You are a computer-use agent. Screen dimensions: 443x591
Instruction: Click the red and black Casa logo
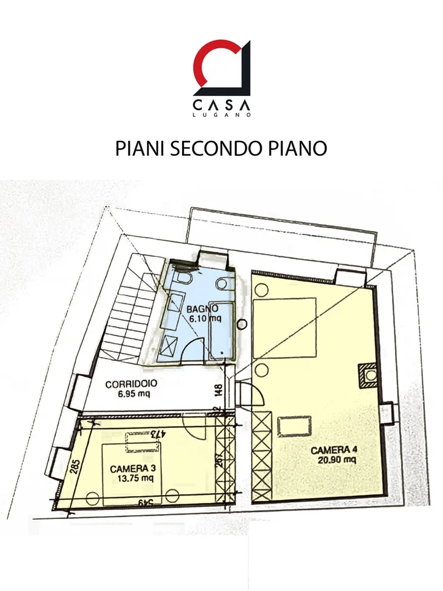coord(221,68)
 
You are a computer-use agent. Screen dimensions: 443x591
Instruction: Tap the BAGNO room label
coord(202,308)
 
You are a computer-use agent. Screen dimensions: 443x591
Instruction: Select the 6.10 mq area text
coord(205,319)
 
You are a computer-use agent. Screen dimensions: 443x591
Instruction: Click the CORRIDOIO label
coord(131,384)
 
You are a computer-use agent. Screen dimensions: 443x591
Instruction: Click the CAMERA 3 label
coord(133,469)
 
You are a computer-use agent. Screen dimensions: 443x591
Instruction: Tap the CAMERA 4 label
coord(333,450)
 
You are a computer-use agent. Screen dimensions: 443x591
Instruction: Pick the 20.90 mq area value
coord(337,460)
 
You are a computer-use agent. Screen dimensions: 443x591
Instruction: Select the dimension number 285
coord(75,467)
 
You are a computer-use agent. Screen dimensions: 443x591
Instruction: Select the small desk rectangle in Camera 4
coord(295,426)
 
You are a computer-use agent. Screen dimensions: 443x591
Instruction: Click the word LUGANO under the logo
coord(221,115)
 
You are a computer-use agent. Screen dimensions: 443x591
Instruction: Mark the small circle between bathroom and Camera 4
coord(242,324)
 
